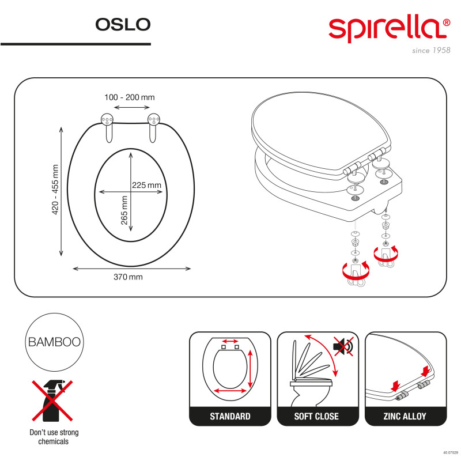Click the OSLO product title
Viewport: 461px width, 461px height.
pyautogui.click(x=122, y=24)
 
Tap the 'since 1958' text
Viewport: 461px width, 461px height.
pyautogui.click(x=430, y=51)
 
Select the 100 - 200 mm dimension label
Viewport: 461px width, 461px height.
pyautogui.click(x=129, y=97)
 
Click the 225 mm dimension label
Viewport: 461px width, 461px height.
pyautogui.click(x=147, y=185)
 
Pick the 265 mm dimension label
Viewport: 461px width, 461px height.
pyautogui.click(x=124, y=211)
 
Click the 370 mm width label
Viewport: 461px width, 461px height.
pyautogui.click(x=128, y=277)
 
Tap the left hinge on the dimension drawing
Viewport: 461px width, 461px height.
pyautogui.click(x=107, y=127)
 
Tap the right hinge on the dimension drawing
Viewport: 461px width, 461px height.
pyautogui.click(x=153, y=127)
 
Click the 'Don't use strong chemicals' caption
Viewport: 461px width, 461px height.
pyautogui.click(x=54, y=437)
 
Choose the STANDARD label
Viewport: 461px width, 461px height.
pyautogui.click(x=230, y=416)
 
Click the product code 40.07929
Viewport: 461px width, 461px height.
pyautogui.click(x=450, y=453)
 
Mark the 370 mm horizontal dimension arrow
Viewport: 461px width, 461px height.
pyautogui.click(x=133, y=268)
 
